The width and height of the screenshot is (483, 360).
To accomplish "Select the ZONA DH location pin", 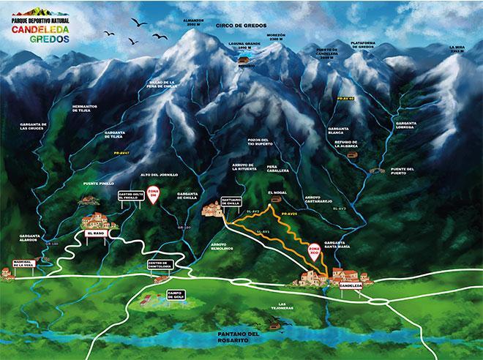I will coord(153,195).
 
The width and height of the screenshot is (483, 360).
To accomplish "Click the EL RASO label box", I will coord(96,233).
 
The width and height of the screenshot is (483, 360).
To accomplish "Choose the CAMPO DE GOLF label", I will coord(174,295).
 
